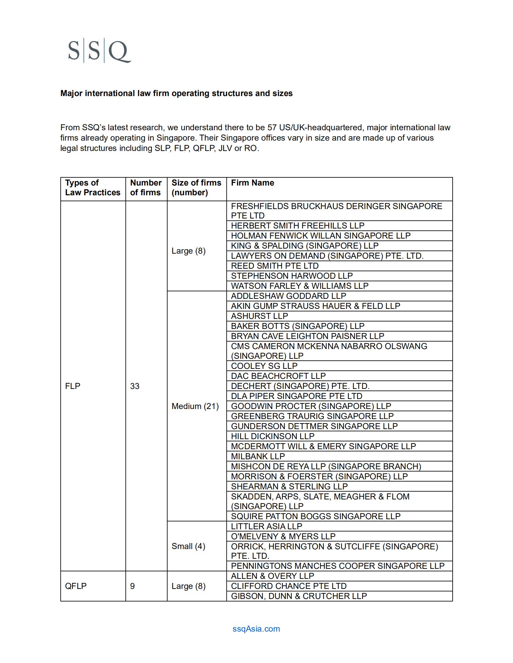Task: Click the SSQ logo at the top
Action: tap(99, 51)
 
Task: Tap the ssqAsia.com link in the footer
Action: tap(256, 628)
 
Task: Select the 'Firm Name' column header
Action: tap(252, 183)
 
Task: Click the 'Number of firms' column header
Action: tap(146, 187)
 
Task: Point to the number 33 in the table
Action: tap(135, 386)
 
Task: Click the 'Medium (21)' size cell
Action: tap(195, 406)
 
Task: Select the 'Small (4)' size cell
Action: tap(188, 546)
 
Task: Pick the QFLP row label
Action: tap(76, 586)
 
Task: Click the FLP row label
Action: tap(73, 386)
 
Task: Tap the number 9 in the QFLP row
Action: tap(132, 586)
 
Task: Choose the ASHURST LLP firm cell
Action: tap(259, 316)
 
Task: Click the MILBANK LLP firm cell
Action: tap(258, 456)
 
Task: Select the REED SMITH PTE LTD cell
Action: tap(275, 266)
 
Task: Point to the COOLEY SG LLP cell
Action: tap(264, 366)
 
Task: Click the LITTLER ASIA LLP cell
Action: tap(266, 526)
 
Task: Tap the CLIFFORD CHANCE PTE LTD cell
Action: tap(289, 586)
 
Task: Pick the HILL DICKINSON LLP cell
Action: tap(273, 436)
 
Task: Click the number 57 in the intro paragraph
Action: tap(272, 127)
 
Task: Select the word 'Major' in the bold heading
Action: tap(71, 93)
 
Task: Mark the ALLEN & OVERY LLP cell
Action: tap(273, 576)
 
